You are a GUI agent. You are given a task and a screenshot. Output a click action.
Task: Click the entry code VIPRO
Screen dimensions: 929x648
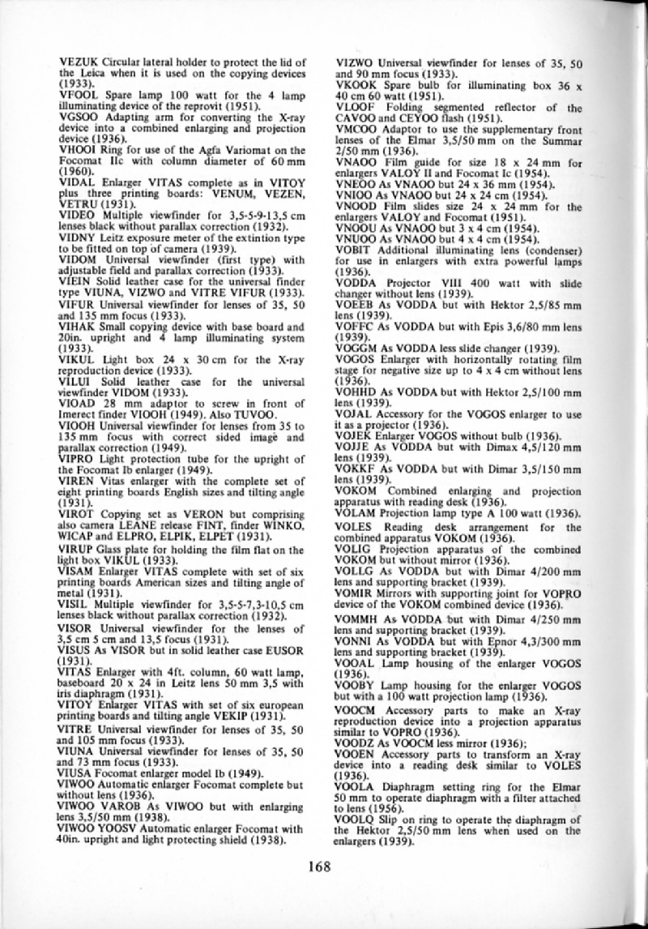[x=76, y=460]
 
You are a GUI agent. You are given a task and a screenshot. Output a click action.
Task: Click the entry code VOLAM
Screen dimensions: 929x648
[x=352, y=513]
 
